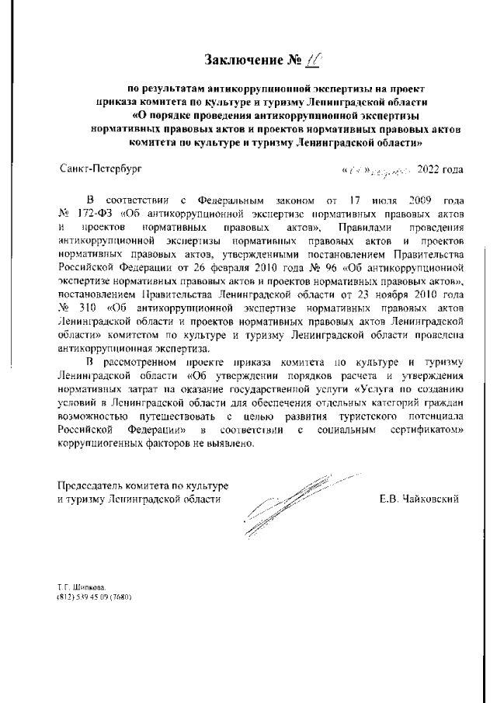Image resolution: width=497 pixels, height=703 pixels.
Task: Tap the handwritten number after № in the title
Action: (295, 59)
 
